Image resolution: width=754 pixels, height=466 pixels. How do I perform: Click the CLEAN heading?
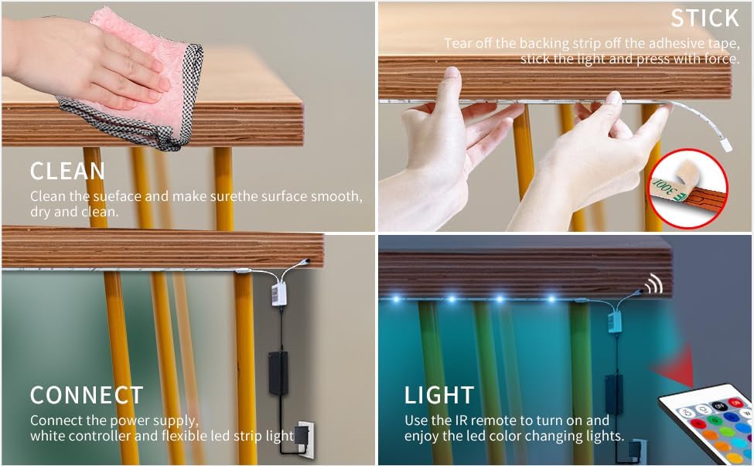(67, 171)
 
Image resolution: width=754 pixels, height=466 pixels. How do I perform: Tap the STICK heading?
(704, 19)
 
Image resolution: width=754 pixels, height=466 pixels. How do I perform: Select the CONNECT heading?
(87, 395)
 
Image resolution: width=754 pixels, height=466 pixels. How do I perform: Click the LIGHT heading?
(438, 395)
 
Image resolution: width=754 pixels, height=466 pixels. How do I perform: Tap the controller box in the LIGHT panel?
(614, 319)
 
